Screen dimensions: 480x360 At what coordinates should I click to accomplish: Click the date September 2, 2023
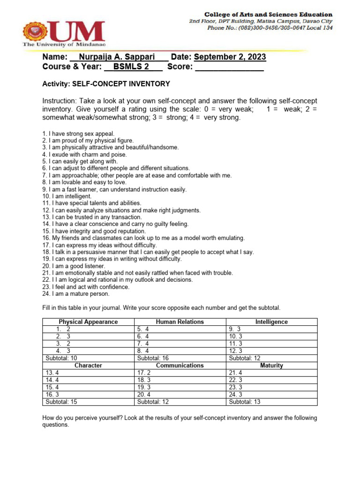(230, 57)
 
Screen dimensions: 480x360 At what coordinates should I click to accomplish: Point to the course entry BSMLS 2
(131, 67)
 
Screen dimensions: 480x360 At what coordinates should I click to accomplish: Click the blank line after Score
(229, 68)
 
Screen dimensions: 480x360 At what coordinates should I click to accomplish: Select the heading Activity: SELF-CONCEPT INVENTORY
(106, 84)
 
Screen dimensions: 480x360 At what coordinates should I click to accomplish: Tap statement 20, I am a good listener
(74, 266)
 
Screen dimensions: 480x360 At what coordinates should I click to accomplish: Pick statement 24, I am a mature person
(76, 294)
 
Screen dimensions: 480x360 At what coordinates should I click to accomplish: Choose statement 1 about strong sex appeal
(78, 134)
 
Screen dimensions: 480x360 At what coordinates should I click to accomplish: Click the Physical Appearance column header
(88, 322)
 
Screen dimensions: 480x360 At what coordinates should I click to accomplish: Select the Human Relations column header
(180, 322)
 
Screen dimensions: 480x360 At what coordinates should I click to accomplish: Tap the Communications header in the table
(180, 366)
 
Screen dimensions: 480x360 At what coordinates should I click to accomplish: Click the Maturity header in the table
(271, 366)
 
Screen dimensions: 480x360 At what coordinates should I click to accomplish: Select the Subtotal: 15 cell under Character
(61, 402)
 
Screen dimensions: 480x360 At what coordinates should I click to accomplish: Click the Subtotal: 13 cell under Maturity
(245, 402)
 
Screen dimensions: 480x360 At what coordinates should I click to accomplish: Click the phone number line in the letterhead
(270, 28)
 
